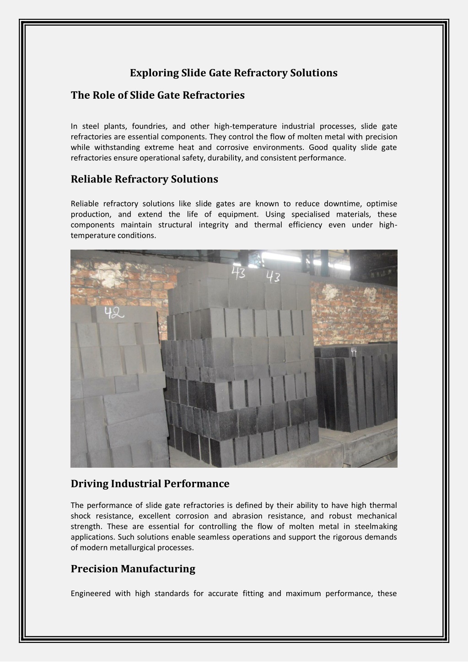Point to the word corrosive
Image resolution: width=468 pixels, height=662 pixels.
click(233, 147)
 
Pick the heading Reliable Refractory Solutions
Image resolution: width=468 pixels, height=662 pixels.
click(144, 179)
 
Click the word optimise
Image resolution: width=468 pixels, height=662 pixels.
click(382, 204)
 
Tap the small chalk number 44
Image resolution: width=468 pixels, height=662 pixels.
click(354, 351)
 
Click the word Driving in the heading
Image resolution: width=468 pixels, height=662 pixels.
click(89, 484)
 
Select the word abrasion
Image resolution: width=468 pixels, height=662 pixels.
click(247, 516)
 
